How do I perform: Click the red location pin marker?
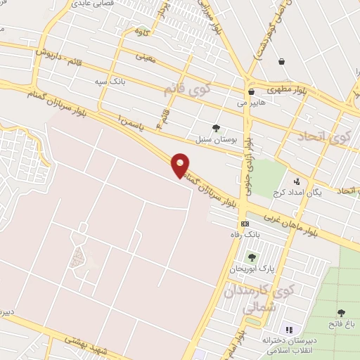[181, 165]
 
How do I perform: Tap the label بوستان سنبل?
[215, 140]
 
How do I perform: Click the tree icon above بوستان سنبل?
[216, 128]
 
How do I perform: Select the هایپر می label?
[251, 103]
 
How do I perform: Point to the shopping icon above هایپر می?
[251, 92]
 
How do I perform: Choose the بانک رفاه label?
[245, 234]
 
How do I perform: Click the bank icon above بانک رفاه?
[245, 223]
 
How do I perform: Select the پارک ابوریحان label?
[252, 269]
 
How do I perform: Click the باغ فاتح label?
[341, 323]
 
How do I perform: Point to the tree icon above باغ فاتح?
[341, 313]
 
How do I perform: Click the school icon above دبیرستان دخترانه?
[288, 329]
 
